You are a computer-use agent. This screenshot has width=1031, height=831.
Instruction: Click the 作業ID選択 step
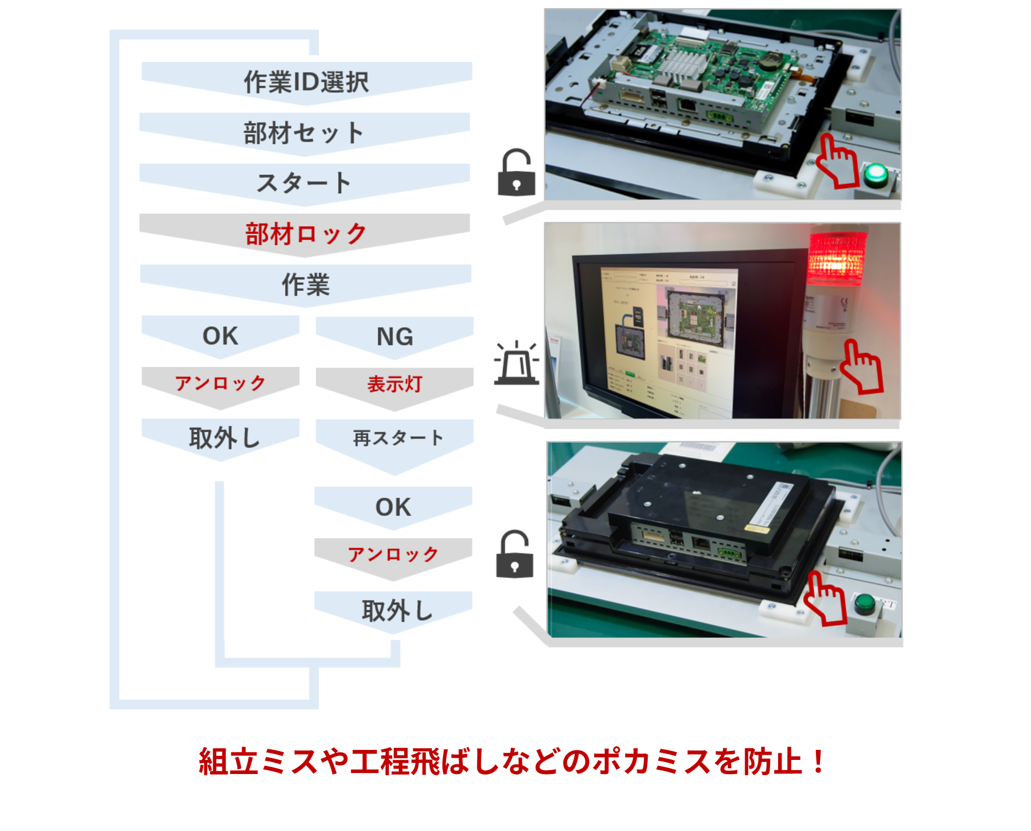(x=306, y=82)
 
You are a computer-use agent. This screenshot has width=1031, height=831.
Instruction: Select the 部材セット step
(x=304, y=133)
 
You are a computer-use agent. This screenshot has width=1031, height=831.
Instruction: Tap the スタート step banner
(x=304, y=183)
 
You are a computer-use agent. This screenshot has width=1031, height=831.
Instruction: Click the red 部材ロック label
(x=305, y=234)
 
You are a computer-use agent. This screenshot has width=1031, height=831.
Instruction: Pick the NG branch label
(x=395, y=336)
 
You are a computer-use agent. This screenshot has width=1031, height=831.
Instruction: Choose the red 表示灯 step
(x=395, y=384)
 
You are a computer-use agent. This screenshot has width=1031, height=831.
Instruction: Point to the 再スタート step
(x=398, y=438)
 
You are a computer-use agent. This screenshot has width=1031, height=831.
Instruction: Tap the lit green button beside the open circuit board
(x=876, y=174)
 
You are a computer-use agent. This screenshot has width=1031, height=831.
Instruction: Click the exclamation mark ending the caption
(x=819, y=761)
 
